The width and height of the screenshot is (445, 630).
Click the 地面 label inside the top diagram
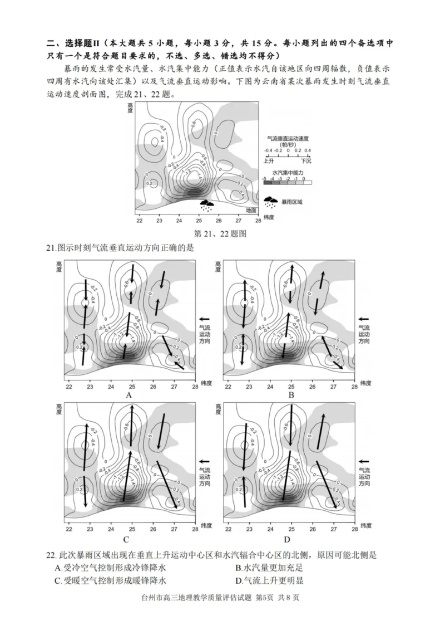tap(251, 210)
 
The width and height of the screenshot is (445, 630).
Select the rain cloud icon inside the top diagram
tap(207, 205)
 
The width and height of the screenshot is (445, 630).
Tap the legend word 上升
tap(268, 160)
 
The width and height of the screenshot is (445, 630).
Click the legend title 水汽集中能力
tap(287, 173)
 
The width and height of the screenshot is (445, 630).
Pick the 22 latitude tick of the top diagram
tap(139, 221)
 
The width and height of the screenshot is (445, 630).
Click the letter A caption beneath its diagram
tap(129, 395)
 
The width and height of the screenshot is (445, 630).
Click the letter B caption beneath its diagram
tap(291, 395)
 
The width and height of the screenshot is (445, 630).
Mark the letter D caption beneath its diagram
tap(287, 539)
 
